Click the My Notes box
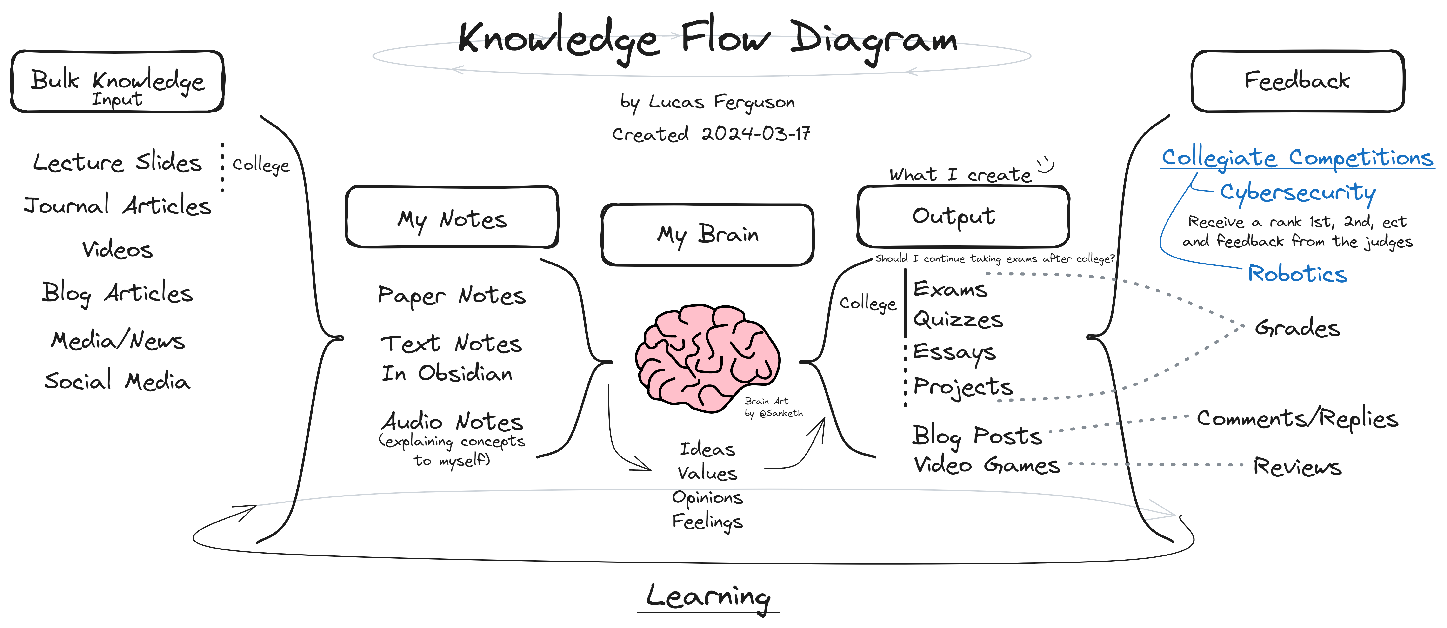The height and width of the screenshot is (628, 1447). [452, 217]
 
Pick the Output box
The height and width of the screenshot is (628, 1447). [963, 216]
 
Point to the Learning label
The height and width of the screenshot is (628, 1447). [708, 596]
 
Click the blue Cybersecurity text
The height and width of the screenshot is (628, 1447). [1298, 193]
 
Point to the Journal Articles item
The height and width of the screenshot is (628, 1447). [117, 205]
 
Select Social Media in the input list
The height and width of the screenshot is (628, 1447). [117, 381]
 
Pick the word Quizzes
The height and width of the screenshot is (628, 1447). [958, 320]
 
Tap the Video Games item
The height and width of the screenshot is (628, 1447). [987, 465]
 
